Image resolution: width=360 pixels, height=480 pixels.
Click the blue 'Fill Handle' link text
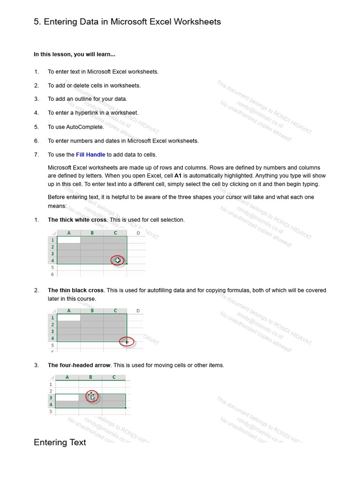tap(90, 155)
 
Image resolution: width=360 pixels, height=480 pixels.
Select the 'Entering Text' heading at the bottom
tap(60, 442)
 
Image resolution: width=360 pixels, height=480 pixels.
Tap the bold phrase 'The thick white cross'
tap(77, 220)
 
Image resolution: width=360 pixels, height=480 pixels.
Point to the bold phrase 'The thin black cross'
tap(75, 291)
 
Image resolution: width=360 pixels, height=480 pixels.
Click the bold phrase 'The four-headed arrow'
tap(79, 365)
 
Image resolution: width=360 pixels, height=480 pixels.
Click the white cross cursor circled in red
tap(118, 260)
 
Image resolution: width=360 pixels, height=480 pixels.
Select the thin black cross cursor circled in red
tap(127, 342)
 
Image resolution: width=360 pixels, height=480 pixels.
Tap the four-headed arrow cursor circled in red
tap(92, 397)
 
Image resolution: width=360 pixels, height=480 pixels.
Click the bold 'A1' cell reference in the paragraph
tap(178, 176)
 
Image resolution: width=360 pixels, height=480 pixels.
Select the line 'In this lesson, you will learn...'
tap(74, 54)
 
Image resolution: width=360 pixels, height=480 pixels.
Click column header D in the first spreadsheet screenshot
tap(138, 232)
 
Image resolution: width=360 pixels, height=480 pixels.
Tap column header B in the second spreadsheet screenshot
tap(92, 310)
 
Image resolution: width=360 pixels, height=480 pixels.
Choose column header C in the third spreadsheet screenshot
tap(114, 377)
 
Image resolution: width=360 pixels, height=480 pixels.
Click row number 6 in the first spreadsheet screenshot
tap(52, 274)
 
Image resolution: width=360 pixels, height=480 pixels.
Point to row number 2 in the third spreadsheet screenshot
tap(51, 390)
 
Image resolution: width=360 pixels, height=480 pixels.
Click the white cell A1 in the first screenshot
tap(68, 240)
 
